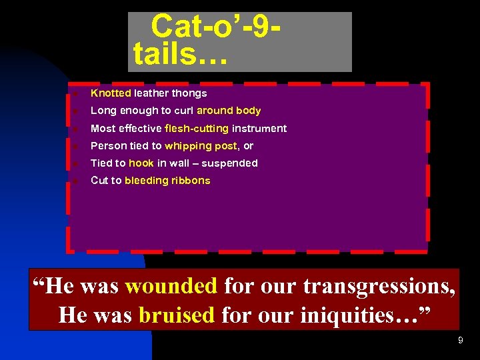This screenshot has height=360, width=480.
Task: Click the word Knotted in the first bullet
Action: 111,93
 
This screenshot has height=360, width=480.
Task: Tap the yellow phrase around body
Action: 228,111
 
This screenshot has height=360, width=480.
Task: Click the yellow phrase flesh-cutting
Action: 197,128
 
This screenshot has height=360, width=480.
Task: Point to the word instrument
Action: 259,128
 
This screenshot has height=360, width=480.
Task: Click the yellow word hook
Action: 141,163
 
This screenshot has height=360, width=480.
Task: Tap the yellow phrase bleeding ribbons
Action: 167,180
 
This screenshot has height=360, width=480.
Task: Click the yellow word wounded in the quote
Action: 171,286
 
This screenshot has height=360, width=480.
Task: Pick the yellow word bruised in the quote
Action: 177,314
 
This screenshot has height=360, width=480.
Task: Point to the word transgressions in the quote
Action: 379,286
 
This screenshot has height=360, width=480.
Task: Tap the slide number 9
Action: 460,341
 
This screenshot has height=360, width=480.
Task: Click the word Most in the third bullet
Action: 102,128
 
